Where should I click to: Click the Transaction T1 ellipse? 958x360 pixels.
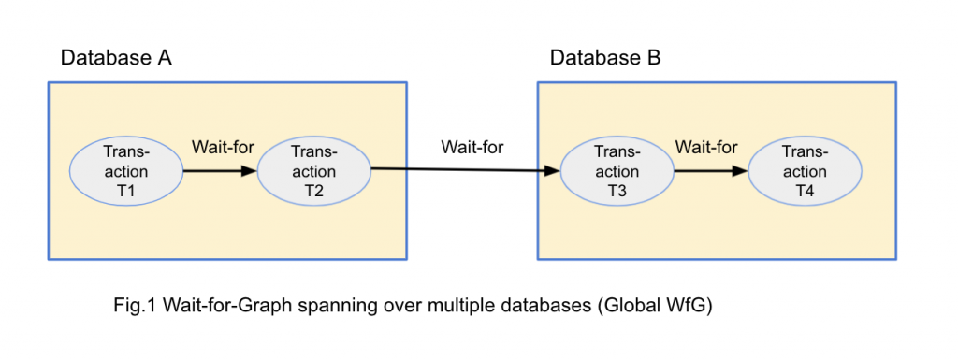tap(126, 172)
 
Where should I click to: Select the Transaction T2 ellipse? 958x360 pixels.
tap(314, 172)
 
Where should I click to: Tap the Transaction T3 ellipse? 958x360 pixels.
tap(617, 172)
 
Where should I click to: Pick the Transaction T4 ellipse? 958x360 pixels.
tap(805, 172)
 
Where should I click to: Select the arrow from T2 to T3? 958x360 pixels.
tap(465, 170)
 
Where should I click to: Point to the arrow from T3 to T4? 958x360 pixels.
tap(710, 172)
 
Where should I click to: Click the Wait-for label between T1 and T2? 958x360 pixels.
tap(223, 147)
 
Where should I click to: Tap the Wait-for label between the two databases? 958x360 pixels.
tap(472, 148)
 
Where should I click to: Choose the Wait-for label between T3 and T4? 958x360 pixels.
tap(706, 147)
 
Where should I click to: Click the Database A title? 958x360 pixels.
tap(116, 58)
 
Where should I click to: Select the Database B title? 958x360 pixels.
tap(605, 58)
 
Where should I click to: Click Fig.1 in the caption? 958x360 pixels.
tap(134, 306)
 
